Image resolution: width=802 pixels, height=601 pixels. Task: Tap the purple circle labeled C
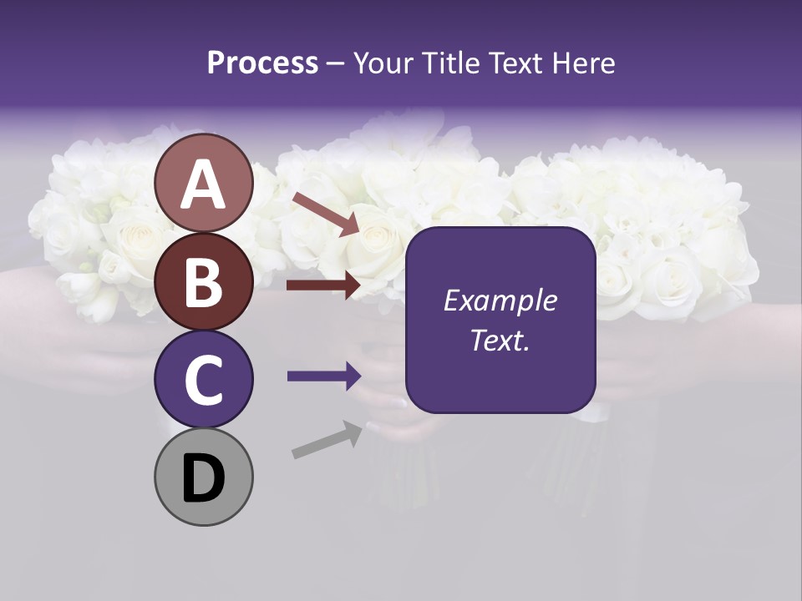(x=203, y=380)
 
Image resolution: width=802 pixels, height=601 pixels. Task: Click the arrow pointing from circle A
(x=325, y=214)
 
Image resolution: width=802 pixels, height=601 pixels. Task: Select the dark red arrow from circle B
(x=323, y=285)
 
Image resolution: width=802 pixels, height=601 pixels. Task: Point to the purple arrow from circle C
(x=323, y=376)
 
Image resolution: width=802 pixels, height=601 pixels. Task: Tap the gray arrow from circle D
(x=327, y=440)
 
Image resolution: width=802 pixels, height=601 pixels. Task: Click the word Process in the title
(x=262, y=63)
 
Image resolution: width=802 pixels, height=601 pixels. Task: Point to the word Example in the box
(x=500, y=300)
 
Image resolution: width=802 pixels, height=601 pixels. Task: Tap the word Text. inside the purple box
(x=500, y=340)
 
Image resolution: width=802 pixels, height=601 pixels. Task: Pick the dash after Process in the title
(x=335, y=64)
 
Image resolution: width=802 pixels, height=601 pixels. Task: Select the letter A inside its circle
(x=203, y=185)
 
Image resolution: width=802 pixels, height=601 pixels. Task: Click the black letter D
(x=203, y=479)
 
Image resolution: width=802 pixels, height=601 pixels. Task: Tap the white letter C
(x=203, y=381)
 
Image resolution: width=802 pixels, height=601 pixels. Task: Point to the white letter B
(x=203, y=282)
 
